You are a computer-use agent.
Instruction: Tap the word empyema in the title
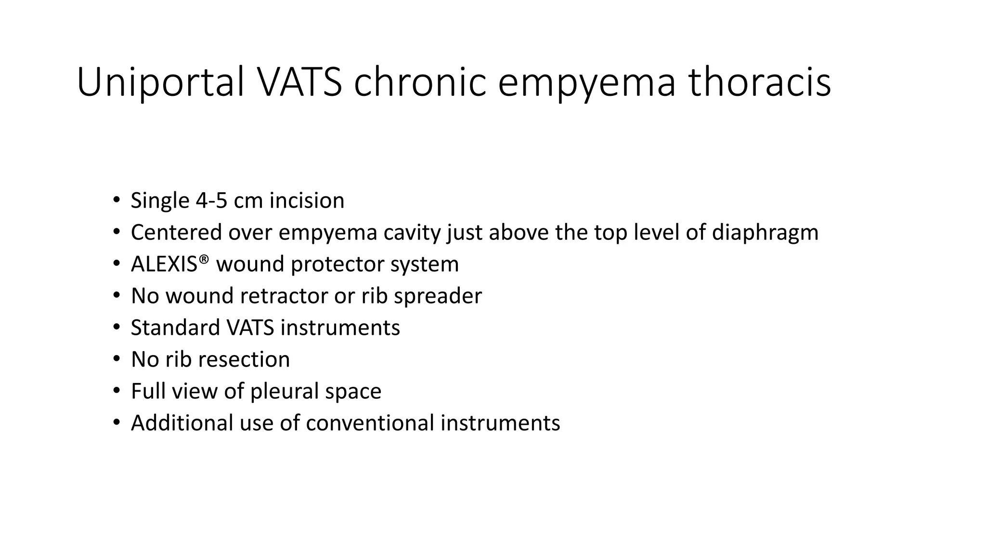586,83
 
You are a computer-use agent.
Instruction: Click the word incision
307,201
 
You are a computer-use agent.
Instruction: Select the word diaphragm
765,233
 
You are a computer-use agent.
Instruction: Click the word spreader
437,296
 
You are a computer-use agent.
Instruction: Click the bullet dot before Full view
116,391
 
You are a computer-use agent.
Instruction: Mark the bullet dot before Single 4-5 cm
116,200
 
